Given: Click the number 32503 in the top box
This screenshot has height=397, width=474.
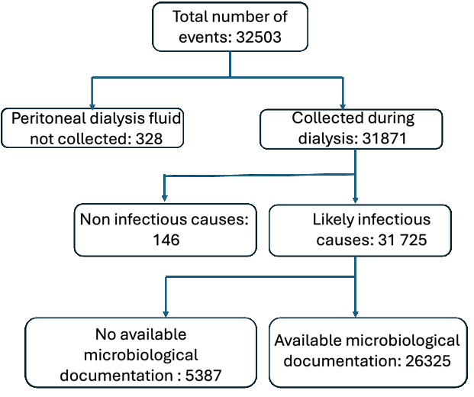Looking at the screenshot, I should tap(266, 39).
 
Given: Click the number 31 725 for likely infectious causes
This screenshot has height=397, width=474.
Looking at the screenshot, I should tap(403, 240).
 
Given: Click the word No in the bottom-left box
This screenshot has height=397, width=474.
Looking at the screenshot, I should tap(105, 334).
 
